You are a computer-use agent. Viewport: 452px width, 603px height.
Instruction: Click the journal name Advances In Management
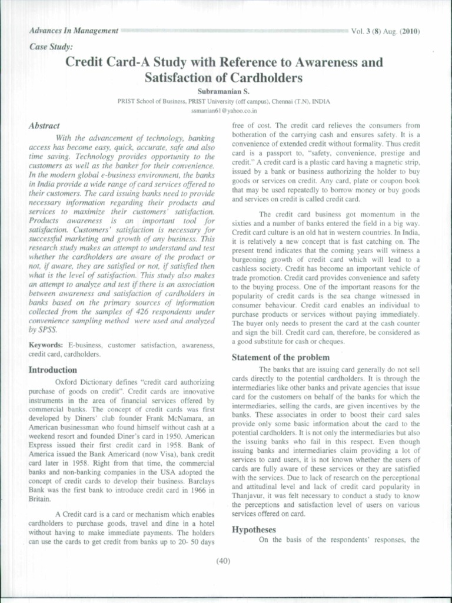74,31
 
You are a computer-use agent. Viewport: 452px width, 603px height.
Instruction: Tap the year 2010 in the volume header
410,31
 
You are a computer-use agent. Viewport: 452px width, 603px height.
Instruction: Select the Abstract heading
44,126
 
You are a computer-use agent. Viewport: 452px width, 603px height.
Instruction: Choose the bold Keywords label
46,345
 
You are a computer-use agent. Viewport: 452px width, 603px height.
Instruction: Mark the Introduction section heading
53,370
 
